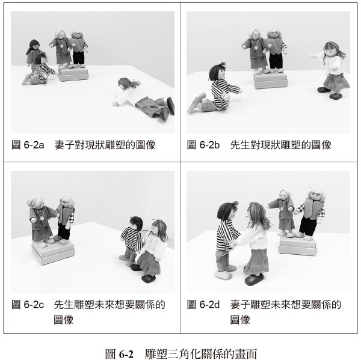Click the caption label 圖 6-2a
28,145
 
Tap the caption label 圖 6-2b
203,145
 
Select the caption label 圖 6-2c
28,305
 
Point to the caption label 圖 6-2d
203,305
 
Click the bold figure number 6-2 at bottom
126,354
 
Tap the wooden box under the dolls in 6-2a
73,73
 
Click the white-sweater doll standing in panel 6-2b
330,70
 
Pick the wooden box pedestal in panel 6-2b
271,80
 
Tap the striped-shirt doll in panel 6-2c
132,240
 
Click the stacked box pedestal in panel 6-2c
54,252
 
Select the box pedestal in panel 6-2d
298,246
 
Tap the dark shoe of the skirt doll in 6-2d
254,279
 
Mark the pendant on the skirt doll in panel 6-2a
62,46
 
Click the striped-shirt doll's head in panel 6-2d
227,210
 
